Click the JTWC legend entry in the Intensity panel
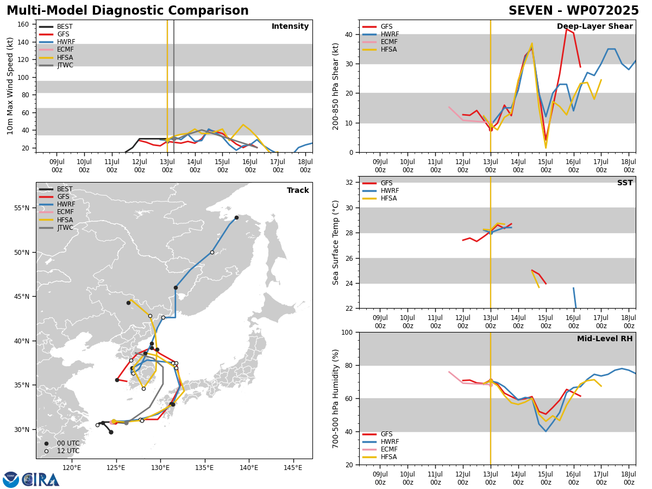[x=56, y=65]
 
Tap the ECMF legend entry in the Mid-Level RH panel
[x=380, y=449]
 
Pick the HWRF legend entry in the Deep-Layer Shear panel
[x=381, y=34]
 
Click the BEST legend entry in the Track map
[x=55, y=189]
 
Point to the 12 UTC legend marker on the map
[x=46, y=451]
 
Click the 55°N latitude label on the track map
[x=22, y=208]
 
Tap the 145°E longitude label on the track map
[x=293, y=468]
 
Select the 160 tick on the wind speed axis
[x=23, y=24]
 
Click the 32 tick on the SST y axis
[x=349, y=183]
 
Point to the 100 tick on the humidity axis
[x=347, y=332]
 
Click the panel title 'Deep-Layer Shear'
[x=594, y=27]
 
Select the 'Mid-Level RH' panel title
[x=605, y=338]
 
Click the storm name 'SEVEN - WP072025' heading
[x=574, y=11]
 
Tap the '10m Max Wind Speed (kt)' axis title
[x=10, y=86]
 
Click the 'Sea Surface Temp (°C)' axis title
[x=335, y=242]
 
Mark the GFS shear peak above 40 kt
[x=567, y=29]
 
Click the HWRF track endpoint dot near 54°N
[x=236, y=218]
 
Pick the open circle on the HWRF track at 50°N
[x=212, y=252]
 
